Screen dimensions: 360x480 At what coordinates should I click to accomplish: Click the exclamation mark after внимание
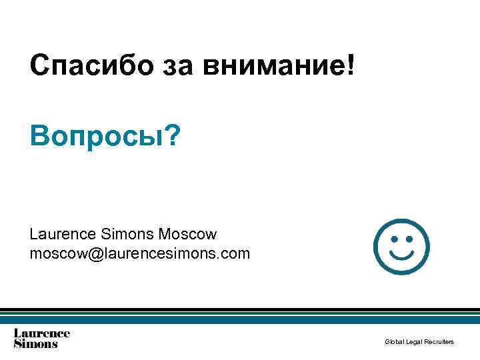tap(351, 65)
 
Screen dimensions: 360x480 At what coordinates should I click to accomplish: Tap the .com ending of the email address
tap(235, 254)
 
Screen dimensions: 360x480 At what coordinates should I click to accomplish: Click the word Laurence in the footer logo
tap(42, 333)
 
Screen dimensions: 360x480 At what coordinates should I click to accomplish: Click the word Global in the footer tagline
tap(393, 342)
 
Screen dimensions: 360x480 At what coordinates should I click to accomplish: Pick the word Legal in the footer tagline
tap(413, 342)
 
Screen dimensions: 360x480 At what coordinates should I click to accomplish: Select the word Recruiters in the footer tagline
tap(439, 342)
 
